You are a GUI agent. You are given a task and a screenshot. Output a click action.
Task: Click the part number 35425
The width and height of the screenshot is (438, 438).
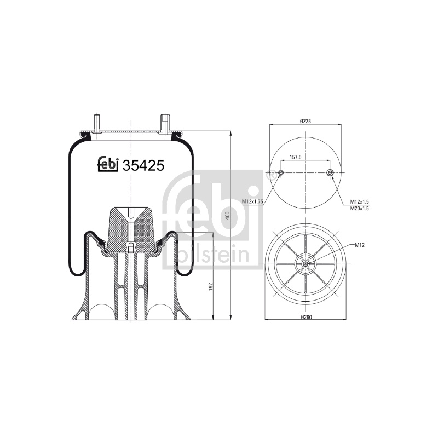[x=143, y=166]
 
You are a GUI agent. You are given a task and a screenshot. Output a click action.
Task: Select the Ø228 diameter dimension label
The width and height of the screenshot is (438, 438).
[x=306, y=121]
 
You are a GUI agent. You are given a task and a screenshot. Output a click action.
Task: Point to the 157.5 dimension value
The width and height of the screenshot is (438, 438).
[x=295, y=158]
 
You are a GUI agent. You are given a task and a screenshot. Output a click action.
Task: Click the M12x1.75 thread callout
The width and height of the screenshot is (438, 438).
[x=252, y=201]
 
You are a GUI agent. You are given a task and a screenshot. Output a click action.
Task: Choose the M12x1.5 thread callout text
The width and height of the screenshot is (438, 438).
[x=360, y=201]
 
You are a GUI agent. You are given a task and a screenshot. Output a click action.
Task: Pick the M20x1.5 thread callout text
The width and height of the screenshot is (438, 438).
[x=360, y=209]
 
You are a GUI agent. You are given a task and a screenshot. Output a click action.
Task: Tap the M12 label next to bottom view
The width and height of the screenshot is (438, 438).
[x=360, y=245]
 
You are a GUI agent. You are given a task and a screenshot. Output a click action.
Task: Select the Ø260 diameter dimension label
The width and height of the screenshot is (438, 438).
[x=306, y=317]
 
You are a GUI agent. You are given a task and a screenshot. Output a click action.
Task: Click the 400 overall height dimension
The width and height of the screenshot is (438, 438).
[x=227, y=215]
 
